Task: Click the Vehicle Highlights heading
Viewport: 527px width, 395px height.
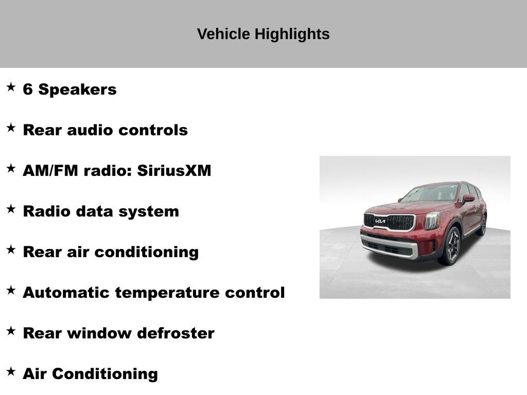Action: coord(263,34)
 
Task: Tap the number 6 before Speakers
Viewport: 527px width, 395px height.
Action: coord(28,89)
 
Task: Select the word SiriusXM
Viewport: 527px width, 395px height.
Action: coord(174,171)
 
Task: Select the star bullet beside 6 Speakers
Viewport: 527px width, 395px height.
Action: coord(11,87)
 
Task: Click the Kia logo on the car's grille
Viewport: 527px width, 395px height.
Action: coord(380,221)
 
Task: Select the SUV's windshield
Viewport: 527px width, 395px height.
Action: coord(432,193)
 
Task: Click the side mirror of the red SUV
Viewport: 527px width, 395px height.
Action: coord(468,199)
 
